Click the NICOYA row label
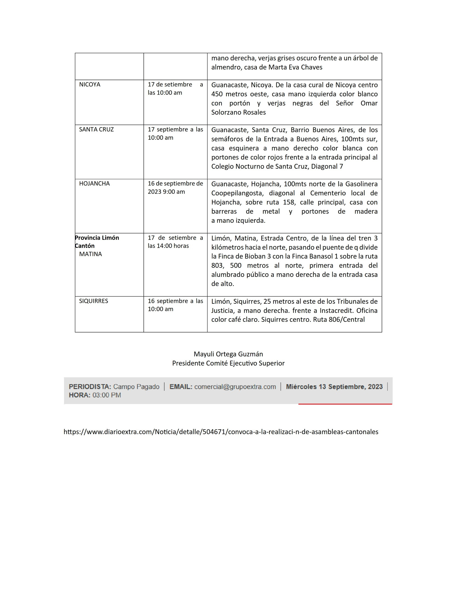[x=90, y=85]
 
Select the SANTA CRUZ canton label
[x=96, y=129]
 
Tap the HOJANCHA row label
[x=94, y=184]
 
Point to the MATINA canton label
[x=90, y=254]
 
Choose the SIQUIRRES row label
[x=93, y=301]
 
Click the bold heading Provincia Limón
[x=97, y=238]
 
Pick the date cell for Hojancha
[x=175, y=188]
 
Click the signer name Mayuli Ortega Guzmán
[x=228, y=354]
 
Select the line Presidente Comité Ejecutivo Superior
[x=228, y=363]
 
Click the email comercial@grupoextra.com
[x=235, y=387]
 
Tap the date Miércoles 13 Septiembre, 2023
[x=334, y=387]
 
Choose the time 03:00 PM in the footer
[x=107, y=395]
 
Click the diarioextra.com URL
[x=221, y=432]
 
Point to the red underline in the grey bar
[x=345, y=404]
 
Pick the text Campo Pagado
[x=136, y=387]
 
